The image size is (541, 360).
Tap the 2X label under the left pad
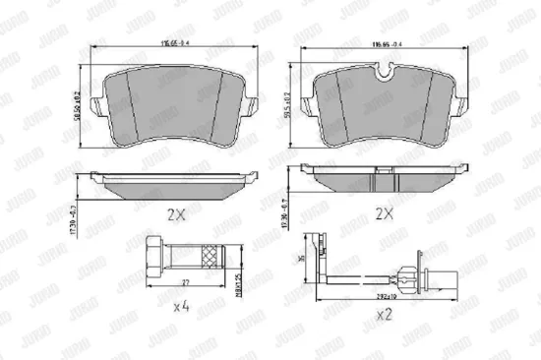[174, 213]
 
